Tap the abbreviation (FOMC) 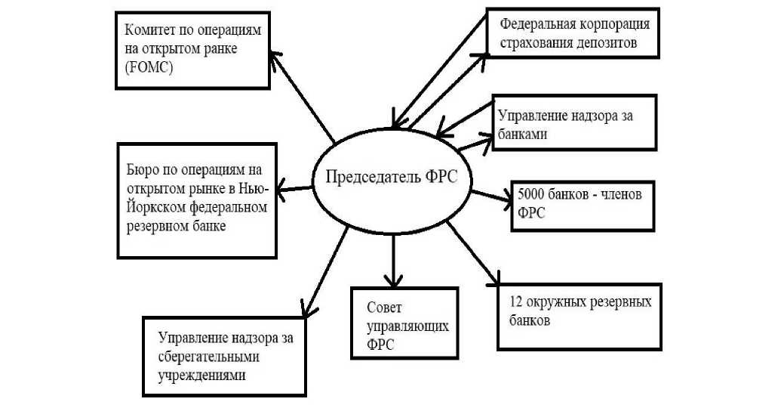(149, 67)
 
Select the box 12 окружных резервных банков (578, 316)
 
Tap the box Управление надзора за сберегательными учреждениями (224, 355)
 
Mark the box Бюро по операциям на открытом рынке (195, 199)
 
